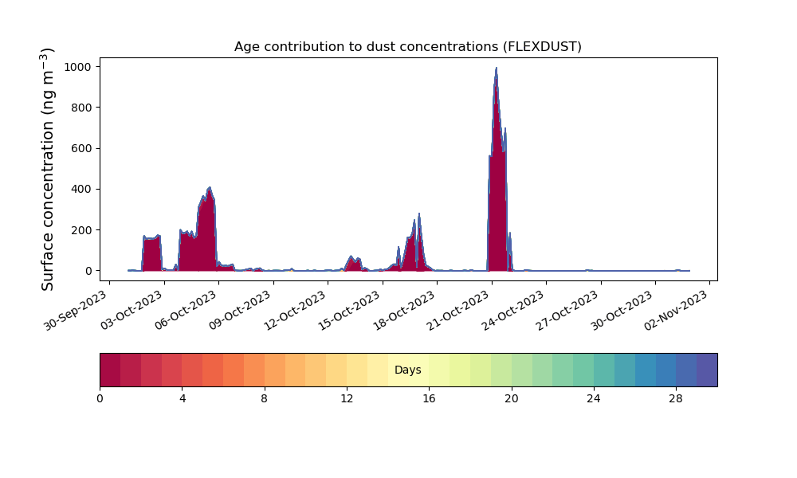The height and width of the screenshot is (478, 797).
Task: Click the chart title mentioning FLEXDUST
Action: click(407, 47)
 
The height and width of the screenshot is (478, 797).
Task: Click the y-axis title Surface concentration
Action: click(47, 169)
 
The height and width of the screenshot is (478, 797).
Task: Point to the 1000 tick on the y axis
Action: click(77, 67)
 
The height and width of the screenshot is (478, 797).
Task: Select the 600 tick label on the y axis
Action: click(80, 148)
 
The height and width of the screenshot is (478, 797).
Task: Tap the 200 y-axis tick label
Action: click(80, 230)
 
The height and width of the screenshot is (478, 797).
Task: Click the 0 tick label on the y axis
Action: click(88, 271)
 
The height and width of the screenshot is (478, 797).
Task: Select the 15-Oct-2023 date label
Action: click(350, 310)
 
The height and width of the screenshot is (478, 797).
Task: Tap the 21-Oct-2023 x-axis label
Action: click(459, 310)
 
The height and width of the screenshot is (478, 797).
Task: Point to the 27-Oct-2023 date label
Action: click(567, 310)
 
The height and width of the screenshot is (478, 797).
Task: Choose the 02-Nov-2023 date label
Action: click(677, 310)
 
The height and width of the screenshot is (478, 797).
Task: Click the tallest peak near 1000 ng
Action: click(496, 68)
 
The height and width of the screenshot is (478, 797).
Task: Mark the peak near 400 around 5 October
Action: click(210, 188)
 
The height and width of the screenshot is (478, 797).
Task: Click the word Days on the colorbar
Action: click(407, 370)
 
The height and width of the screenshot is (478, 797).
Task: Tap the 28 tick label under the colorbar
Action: click(676, 399)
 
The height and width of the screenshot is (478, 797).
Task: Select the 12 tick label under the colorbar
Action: click(347, 399)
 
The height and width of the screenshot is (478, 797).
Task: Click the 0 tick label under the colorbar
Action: click(100, 399)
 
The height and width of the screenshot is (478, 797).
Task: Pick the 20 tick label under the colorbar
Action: click(512, 399)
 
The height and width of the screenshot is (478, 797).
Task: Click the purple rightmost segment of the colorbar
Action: click(707, 370)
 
